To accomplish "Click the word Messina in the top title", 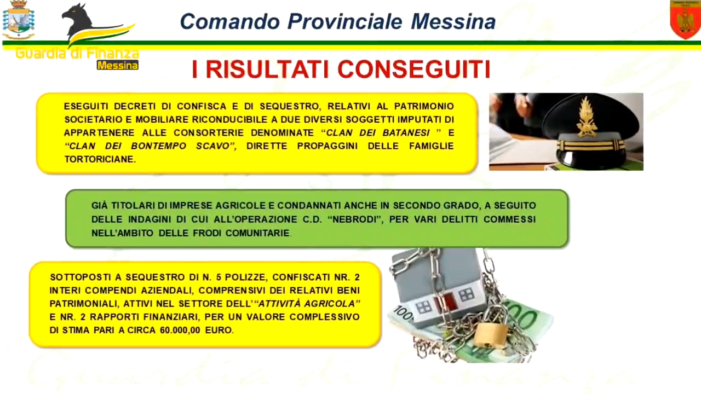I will [x=453, y=21].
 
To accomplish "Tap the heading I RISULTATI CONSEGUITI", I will [x=341, y=69].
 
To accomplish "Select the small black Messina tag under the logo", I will [x=117, y=65].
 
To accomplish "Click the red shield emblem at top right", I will [x=685, y=20].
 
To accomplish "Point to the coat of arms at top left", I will [x=18, y=20].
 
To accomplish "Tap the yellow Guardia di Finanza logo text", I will [x=77, y=54].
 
